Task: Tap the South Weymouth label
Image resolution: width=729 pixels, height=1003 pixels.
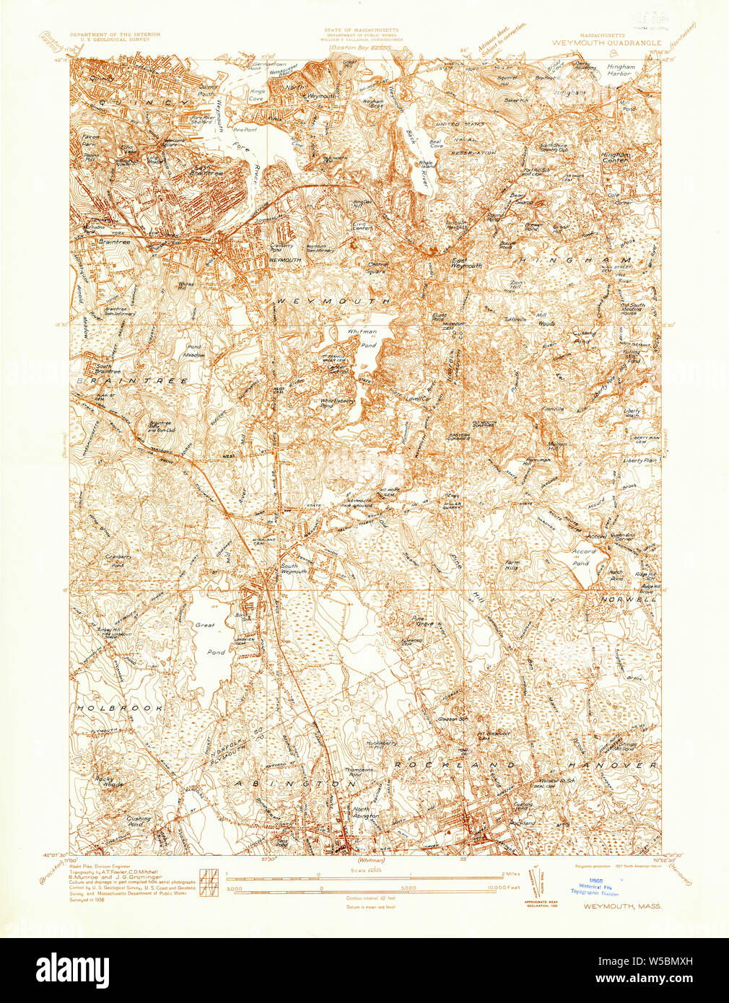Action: click(x=294, y=568)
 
